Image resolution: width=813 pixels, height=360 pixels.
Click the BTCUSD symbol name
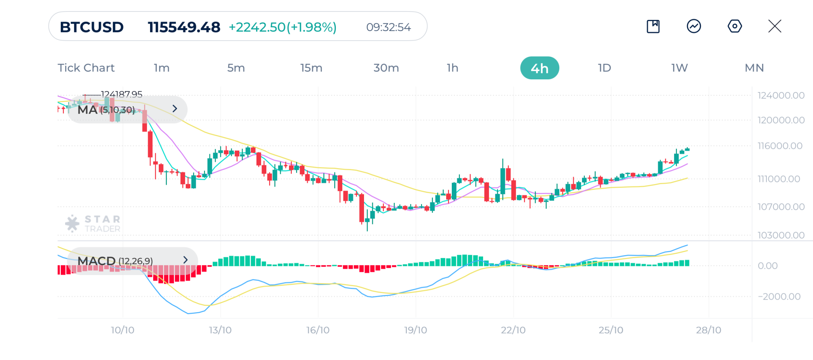pos(92,27)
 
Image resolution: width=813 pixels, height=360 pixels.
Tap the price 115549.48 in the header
pos(184,27)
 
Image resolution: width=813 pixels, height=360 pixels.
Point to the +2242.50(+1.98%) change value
pos(283,27)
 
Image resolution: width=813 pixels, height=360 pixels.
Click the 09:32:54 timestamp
pos(388,27)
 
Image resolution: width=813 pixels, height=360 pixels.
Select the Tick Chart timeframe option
pos(86,68)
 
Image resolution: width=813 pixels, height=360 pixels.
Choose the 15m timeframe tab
pos(311,68)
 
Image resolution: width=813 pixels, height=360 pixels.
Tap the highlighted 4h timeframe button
pos(539,68)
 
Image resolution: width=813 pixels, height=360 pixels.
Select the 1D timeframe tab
pos(604,68)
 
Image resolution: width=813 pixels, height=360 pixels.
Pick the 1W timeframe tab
pos(679,68)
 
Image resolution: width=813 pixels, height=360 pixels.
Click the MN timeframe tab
pos(754,68)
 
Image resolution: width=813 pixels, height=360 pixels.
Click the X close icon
pos(774,26)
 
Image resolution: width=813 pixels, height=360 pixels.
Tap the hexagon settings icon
pos(734,26)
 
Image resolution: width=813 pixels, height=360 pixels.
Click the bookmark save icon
pos(653,26)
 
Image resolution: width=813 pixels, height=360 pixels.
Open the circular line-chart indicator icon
pos(694,26)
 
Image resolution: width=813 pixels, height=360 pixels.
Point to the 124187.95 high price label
pos(121,94)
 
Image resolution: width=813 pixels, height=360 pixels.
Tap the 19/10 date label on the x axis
pos(416,330)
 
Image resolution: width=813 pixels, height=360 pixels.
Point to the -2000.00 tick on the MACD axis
pos(779,296)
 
